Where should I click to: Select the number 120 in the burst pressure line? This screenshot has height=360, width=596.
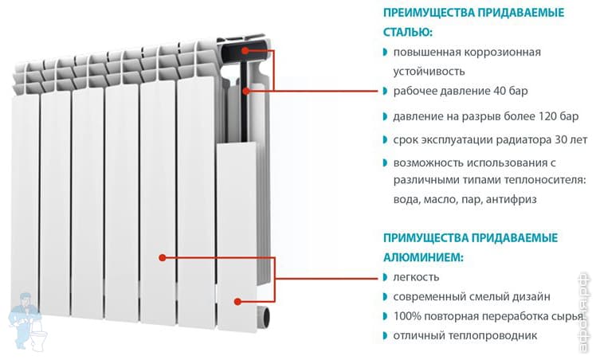pyautogui.click(x=548, y=116)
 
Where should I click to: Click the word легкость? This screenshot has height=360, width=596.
pyautogui.click(x=416, y=277)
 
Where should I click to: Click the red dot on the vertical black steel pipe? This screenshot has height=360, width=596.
pyautogui.click(x=246, y=91)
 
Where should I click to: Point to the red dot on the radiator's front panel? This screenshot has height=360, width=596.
pyautogui.click(x=163, y=258)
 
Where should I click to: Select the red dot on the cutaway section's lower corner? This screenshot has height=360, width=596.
pyautogui.click(x=237, y=302)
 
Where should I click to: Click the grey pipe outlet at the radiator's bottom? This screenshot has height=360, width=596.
pyautogui.click(x=265, y=317)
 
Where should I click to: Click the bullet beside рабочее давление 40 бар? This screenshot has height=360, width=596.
pyautogui.click(x=385, y=91)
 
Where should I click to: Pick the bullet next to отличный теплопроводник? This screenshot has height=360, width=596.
pyautogui.click(x=385, y=335)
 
